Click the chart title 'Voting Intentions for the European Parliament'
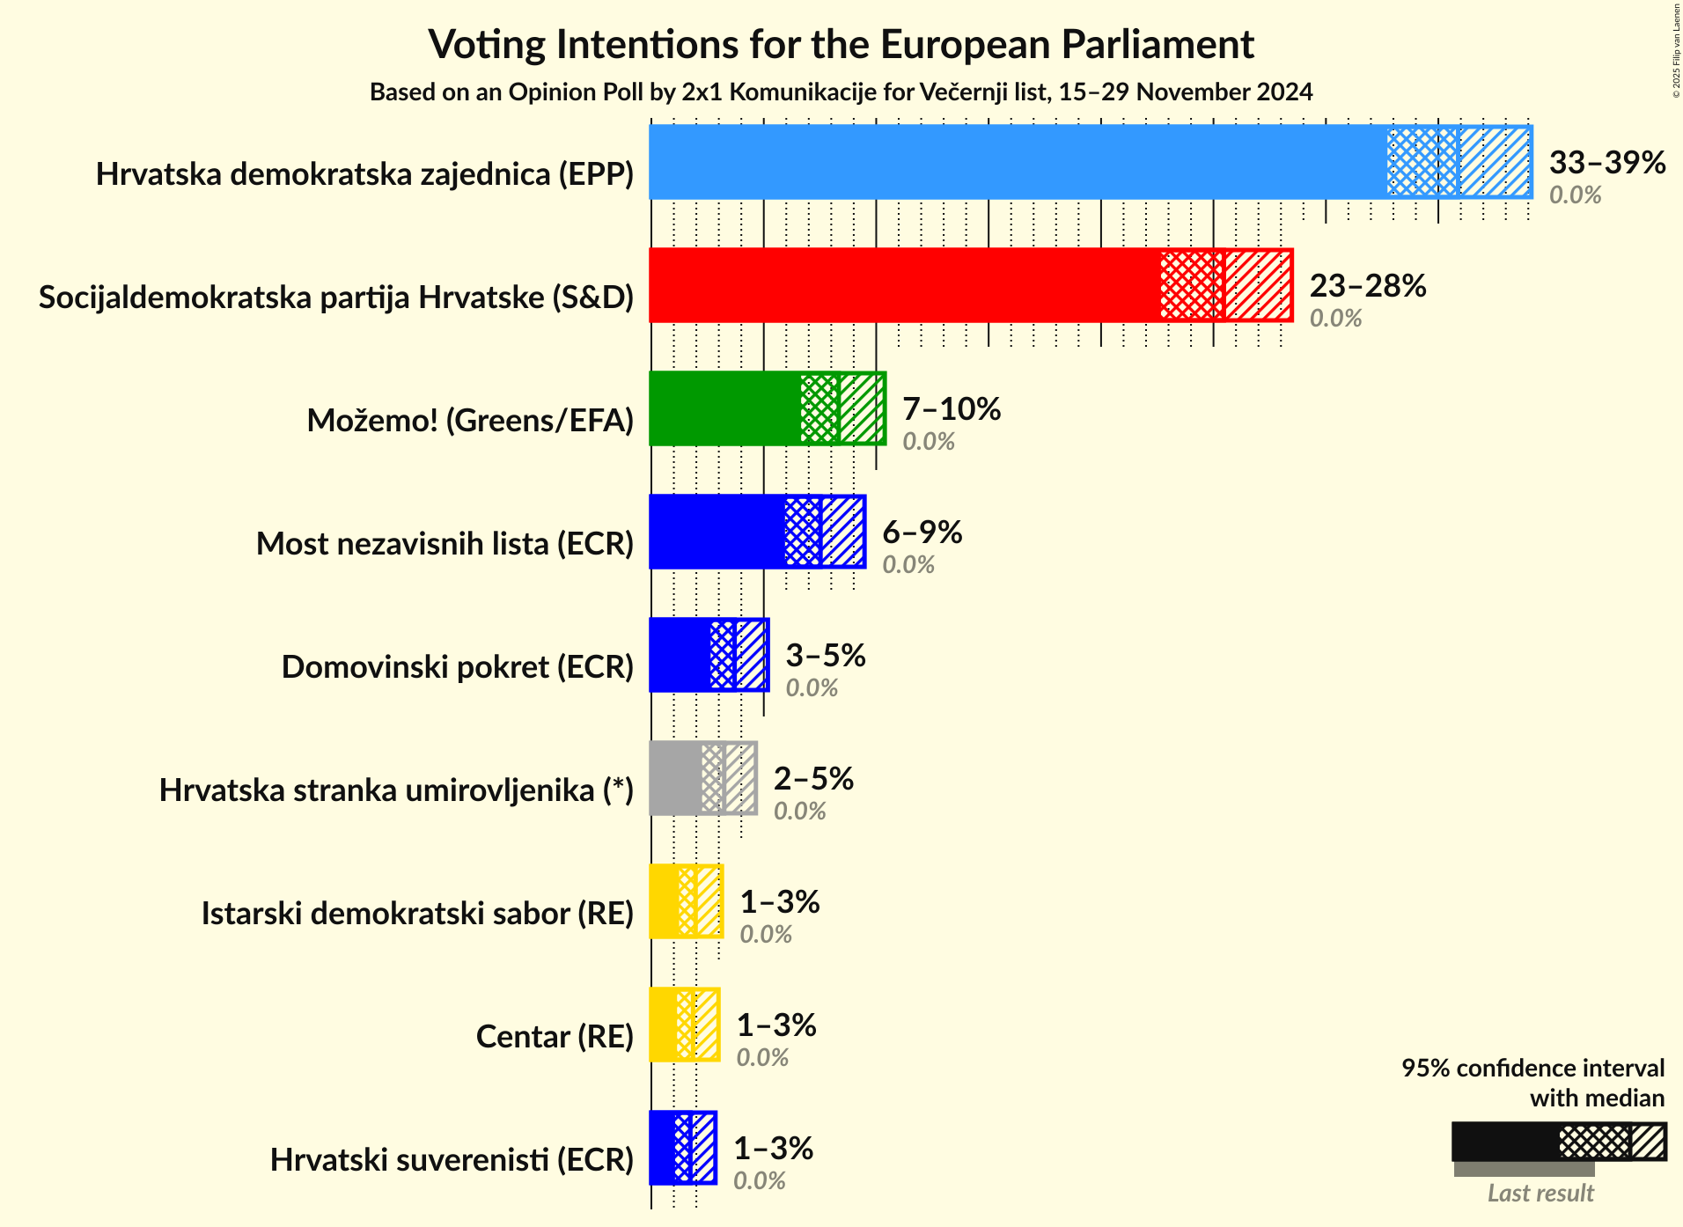[841, 44]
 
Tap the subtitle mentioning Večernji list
[841, 92]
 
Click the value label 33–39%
[1606, 163]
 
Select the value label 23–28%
[1367, 286]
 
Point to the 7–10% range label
[952, 409]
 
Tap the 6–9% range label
[922, 533]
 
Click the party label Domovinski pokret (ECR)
[457, 667]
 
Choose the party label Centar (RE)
[555, 1037]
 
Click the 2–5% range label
[813, 779]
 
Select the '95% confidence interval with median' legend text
[1532, 1083]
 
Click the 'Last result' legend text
[1540, 1194]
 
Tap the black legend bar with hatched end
[1558, 1142]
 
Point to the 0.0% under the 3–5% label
[811, 688]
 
